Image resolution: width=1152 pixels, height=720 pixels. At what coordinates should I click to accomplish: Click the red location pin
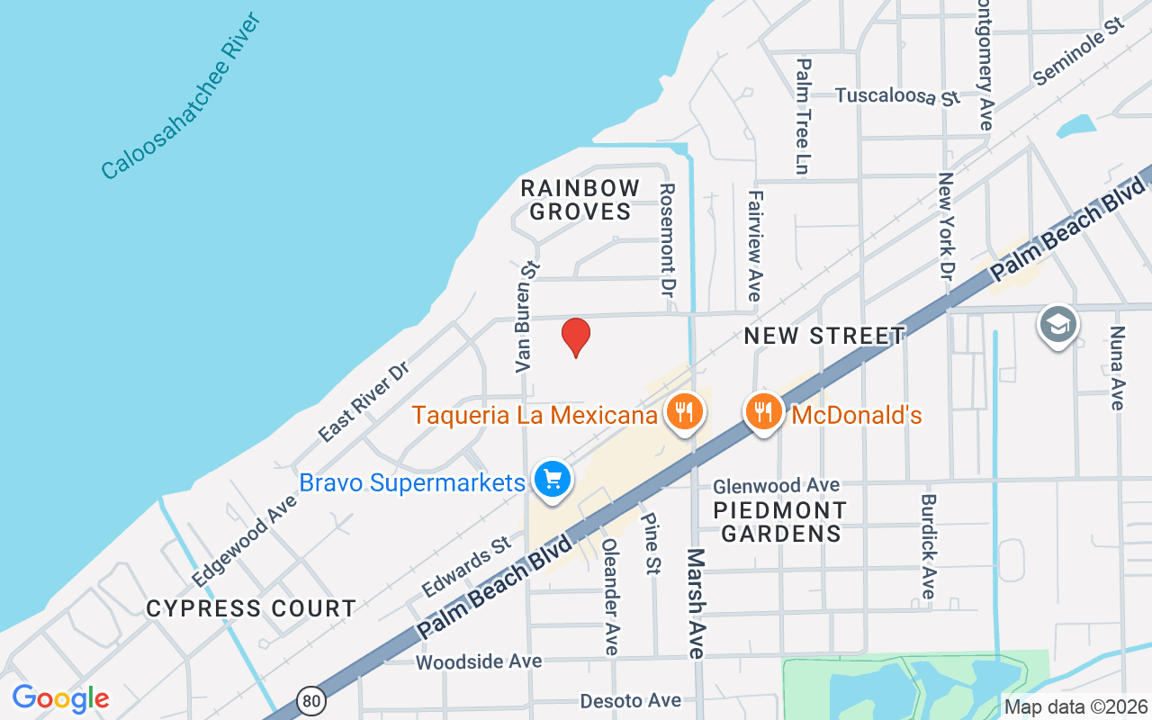576,337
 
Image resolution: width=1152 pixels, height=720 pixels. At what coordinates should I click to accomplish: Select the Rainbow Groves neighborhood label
580,200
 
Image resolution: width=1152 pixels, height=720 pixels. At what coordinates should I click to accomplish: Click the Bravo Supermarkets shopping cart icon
552,479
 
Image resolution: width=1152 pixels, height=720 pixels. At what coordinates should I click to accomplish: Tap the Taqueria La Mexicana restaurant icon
685,412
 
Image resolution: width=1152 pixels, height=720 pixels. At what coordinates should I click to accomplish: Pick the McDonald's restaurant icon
763,412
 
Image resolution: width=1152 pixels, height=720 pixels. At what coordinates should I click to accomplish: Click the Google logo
60,698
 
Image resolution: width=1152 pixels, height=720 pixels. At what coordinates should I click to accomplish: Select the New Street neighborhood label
824,337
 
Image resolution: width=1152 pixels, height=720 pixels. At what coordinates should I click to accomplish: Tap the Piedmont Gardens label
780,522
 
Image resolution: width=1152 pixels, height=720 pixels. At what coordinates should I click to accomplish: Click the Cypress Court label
251,609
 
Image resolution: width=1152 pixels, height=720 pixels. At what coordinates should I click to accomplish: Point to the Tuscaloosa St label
897,96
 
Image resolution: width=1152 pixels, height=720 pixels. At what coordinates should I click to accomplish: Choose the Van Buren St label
526,317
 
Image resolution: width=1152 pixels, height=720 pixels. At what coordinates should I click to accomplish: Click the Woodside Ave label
479,661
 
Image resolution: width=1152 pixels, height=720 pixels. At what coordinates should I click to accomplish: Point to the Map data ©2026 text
1075,706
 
